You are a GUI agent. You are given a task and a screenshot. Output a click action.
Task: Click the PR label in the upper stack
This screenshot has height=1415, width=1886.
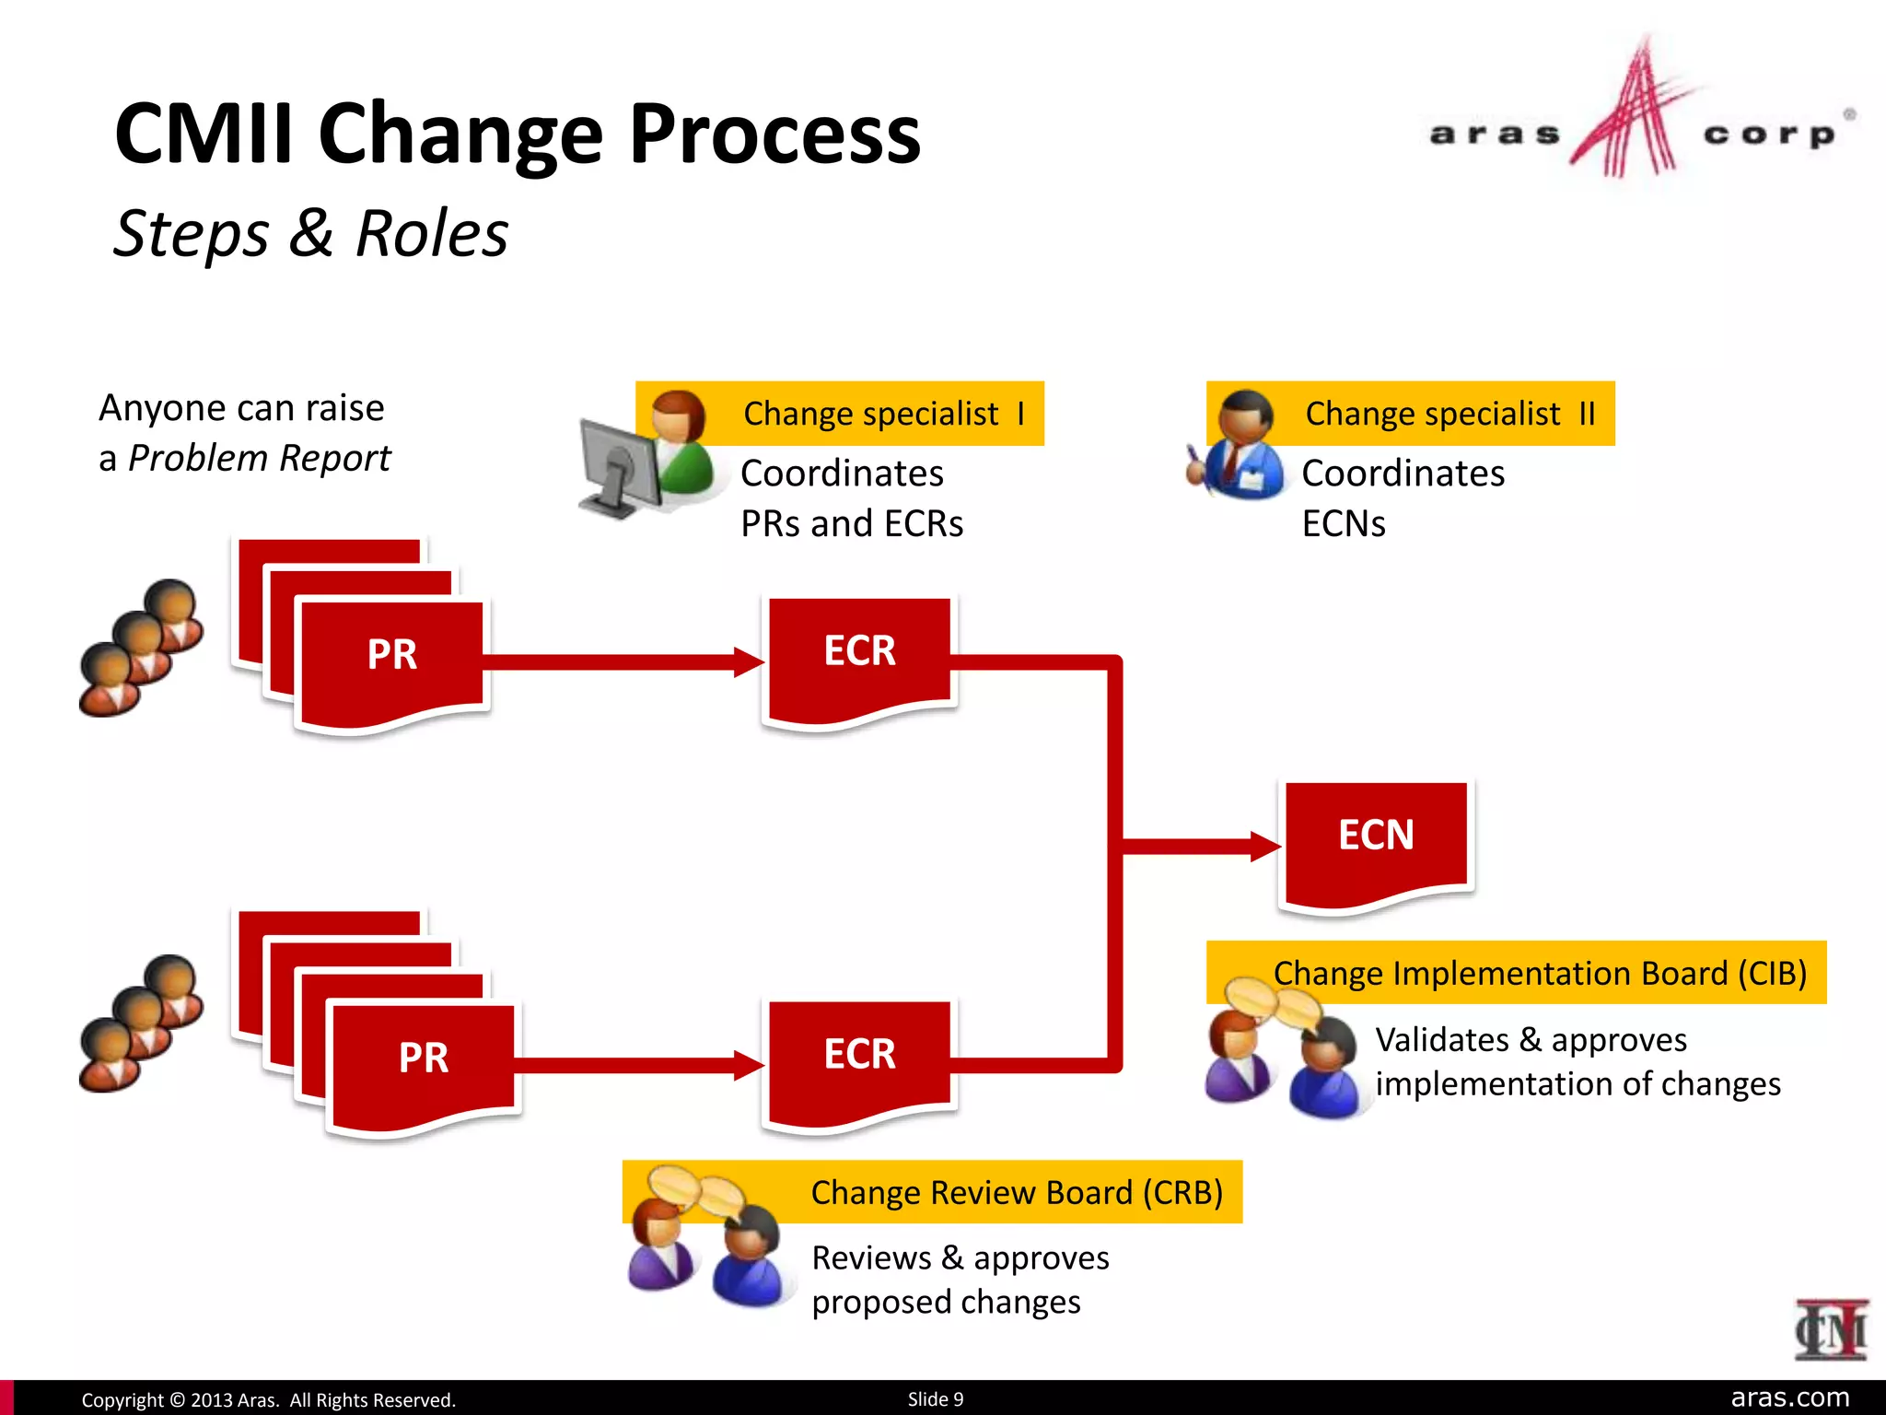tap(392, 655)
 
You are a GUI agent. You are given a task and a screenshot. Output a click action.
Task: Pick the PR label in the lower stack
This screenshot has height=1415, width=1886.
tap(424, 1058)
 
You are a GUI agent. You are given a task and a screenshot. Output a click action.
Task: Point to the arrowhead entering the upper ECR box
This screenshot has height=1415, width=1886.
tap(749, 661)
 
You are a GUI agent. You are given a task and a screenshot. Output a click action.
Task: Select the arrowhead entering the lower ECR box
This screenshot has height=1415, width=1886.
tap(749, 1065)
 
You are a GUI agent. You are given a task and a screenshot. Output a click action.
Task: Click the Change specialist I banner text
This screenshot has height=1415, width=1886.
tap(883, 414)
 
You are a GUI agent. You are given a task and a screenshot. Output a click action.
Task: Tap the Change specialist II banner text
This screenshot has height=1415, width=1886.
tap(1449, 414)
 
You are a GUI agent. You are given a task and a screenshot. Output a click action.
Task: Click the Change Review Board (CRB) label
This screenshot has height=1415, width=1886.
tap(1017, 1192)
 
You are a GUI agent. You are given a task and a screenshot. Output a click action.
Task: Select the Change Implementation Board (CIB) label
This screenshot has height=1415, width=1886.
tap(1540, 973)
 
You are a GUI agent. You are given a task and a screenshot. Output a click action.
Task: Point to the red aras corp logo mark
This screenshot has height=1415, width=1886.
tap(1632, 115)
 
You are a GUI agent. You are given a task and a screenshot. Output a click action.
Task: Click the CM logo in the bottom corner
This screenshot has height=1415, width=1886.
tap(1830, 1329)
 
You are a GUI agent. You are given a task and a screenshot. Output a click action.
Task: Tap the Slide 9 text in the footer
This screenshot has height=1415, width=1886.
tap(936, 1398)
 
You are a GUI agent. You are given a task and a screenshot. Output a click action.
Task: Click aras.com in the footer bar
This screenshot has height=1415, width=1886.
tap(1789, 1397)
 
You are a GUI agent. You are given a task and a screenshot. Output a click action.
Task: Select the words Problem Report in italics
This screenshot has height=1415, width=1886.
tap(259, 458)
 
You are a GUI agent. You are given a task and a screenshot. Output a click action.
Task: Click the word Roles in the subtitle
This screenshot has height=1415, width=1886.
tap(431, 233)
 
